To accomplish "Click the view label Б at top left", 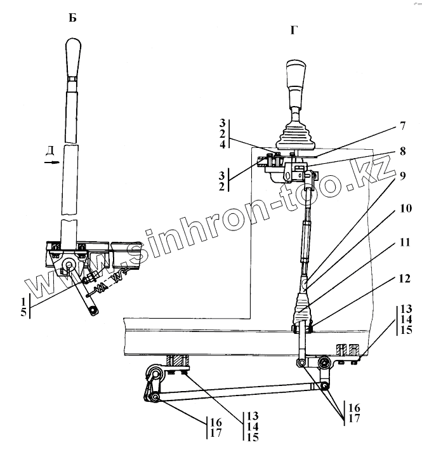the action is [72, 18].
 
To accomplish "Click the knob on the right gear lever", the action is [296, 76].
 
